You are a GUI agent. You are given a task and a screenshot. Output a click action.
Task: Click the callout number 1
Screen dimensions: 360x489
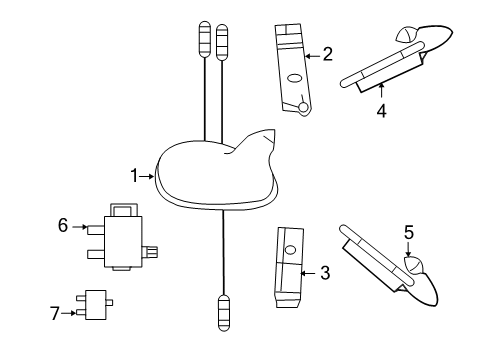[134, 176]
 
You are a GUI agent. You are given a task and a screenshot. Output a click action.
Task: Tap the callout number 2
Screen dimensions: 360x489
[327, 55]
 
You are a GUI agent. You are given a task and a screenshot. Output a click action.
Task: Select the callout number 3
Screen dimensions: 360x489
[323, 271]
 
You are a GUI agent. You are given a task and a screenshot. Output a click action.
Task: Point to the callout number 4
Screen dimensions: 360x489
[381, 111]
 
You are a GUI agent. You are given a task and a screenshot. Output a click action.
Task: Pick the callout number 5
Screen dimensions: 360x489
[408, 233]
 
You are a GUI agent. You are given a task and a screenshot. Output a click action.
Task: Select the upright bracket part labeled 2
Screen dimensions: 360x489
[291, 67]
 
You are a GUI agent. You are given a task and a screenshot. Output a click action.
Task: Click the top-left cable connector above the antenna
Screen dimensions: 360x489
[206, 40]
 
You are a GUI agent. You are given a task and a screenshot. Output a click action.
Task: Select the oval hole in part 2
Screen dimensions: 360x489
[293, 78]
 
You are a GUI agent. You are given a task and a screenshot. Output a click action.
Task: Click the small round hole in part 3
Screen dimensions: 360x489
[289, 249]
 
